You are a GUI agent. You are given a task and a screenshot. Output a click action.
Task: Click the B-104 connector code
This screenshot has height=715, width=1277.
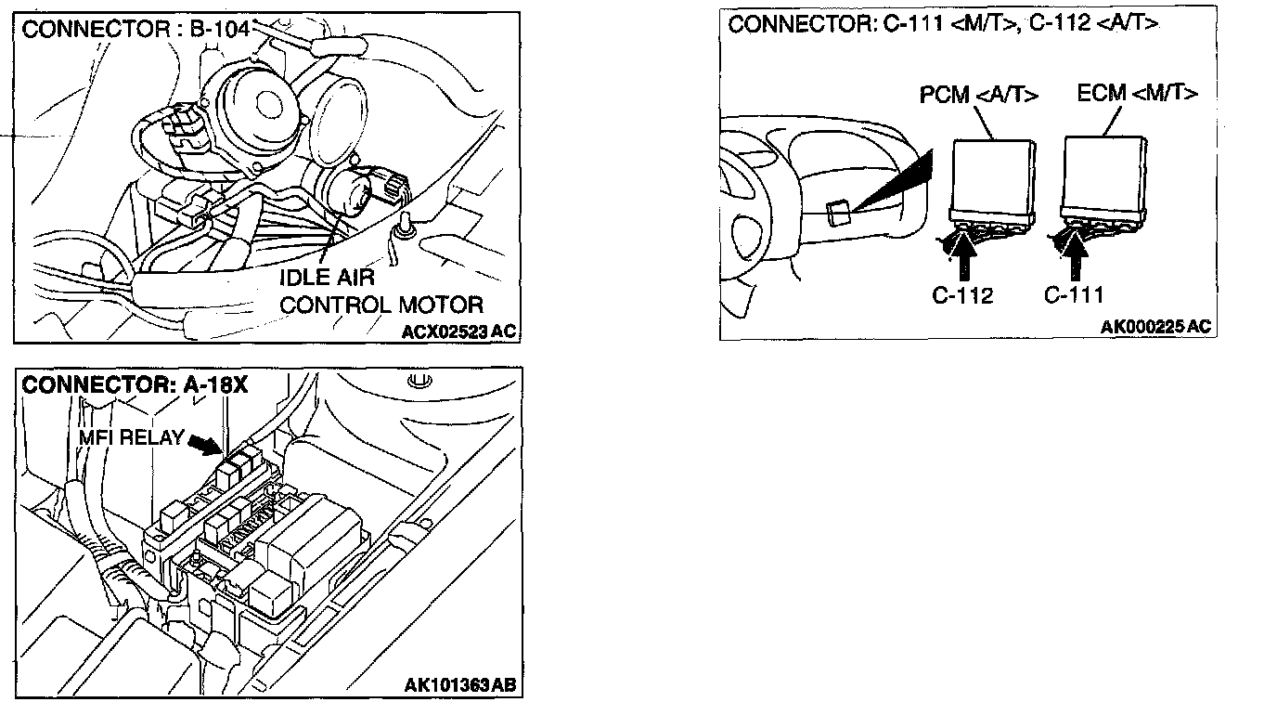(221, 29)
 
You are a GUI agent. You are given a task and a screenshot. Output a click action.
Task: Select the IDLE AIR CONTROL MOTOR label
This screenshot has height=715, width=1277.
(381, 291)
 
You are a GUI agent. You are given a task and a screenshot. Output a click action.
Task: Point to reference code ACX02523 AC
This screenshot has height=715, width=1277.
(458, 331)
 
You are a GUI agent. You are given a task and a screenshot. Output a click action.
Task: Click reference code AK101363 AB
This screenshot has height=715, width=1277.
(459, 686)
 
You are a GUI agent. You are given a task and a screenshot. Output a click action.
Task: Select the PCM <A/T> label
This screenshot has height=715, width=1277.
(978, 96)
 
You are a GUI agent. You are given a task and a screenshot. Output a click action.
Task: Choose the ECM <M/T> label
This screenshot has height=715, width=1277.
(1137, 93)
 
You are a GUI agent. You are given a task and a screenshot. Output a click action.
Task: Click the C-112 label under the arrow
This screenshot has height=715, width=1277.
(962, 295)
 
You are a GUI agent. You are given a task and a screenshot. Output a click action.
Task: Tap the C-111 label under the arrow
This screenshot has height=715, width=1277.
(1074, 295)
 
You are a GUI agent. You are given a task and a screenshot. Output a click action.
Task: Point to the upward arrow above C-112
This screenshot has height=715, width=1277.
(964, 252)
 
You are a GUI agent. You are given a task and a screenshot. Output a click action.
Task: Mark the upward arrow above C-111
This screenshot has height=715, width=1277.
(1076, 252)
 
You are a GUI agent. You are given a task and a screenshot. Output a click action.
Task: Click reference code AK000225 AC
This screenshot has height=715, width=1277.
(1155, 327)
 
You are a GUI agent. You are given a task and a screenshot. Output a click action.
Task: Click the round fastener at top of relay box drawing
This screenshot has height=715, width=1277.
(417, 380)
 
